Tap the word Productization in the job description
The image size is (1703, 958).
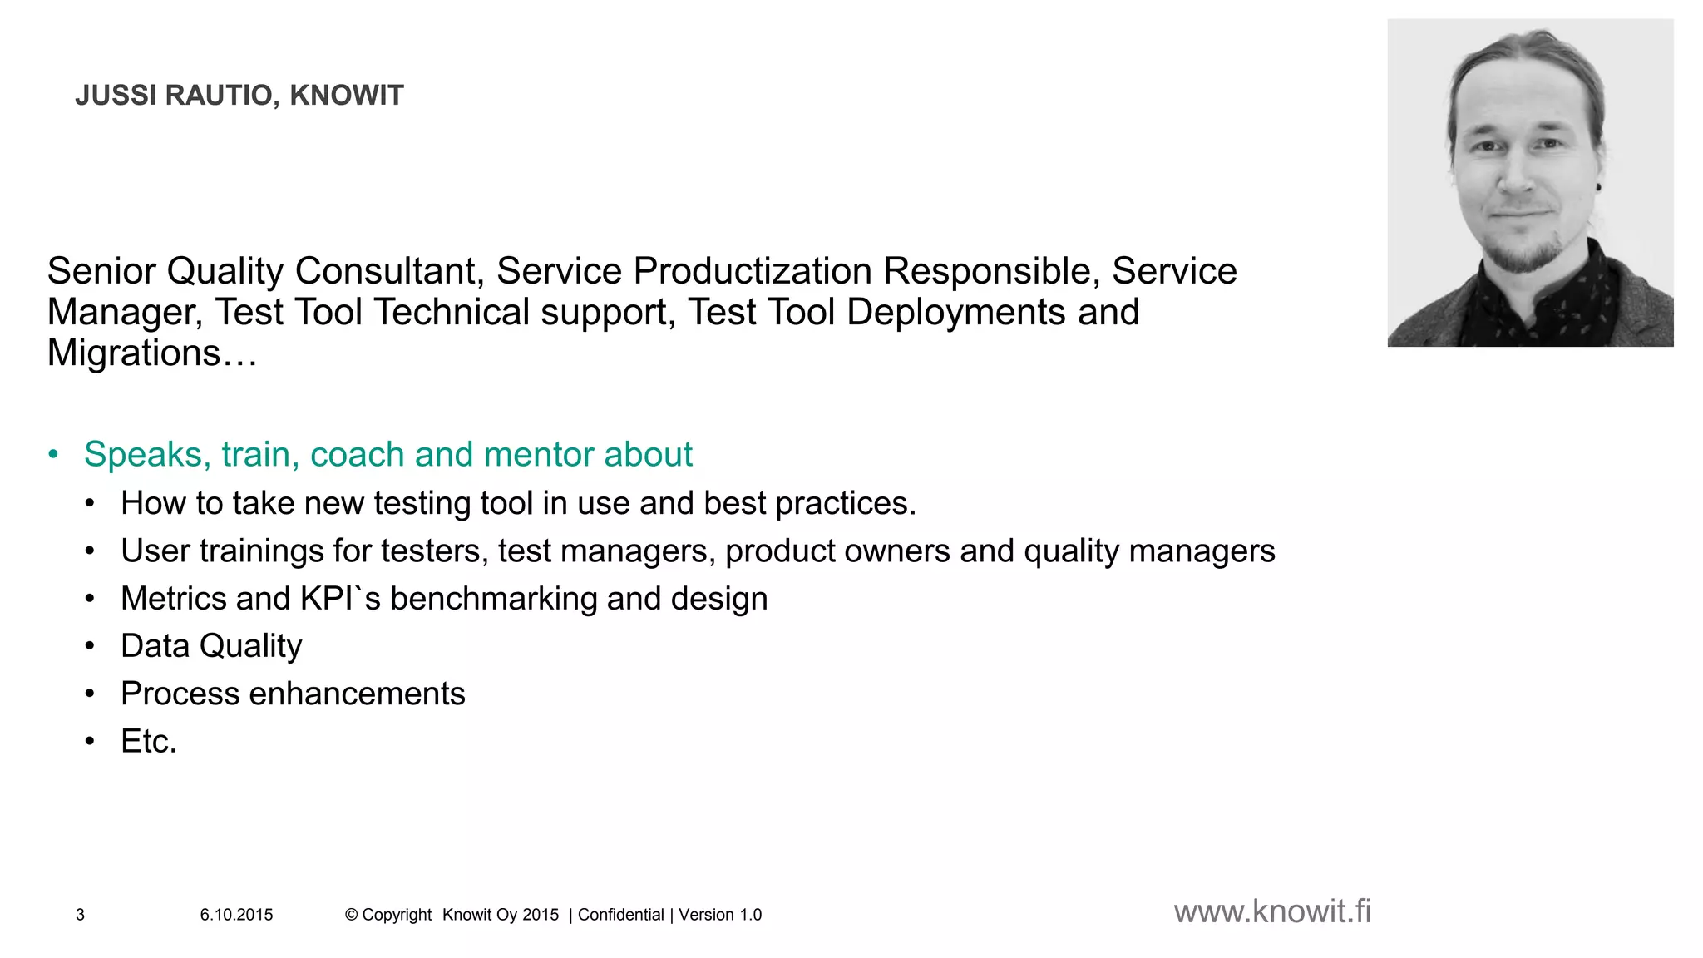pos(753,271)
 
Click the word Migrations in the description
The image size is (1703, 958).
pos(133,353)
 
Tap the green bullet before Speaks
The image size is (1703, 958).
pos(54,455)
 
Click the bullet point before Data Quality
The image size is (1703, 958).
pos(90,646)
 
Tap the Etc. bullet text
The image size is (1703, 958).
pos(149,741)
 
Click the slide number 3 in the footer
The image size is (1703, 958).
pos(80,915)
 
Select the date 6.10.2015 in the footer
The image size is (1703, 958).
pos(236,915)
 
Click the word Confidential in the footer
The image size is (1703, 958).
pos(620,915)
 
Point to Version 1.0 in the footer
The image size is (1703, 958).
pos(720,915)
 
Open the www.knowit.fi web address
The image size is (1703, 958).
pos(1272,911)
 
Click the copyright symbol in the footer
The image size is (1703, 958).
pos(351,915)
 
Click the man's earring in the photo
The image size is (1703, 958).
pos(1598,188)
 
